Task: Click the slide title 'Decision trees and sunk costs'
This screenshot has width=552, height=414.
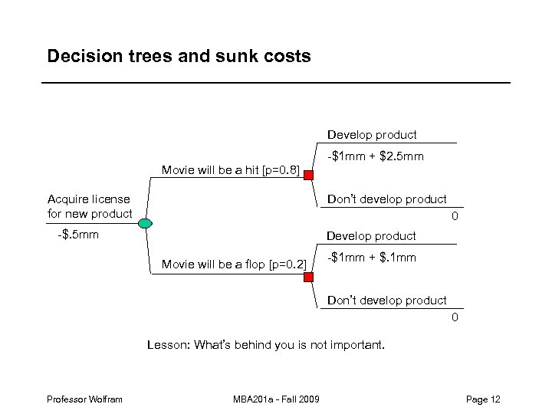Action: [x=179, y=57]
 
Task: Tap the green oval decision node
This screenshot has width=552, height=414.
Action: [x=146, y=223]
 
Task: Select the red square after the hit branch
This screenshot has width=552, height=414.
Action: [x=307, y=176]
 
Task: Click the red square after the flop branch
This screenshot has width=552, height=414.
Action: [x=307, y=277]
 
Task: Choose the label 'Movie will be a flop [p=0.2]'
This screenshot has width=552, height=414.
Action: [x=234, y=265]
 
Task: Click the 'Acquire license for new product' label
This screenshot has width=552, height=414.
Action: [x=90, y=206]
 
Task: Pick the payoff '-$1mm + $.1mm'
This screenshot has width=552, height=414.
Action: [x=372, y=258]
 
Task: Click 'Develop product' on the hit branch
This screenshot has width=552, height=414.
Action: [x=372, y=135]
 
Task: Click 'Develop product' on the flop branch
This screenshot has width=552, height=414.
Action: [x=372, y=236]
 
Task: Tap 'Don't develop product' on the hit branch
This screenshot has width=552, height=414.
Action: [x=386, y=199]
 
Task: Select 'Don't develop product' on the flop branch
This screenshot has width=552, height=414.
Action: [x=386, y=301]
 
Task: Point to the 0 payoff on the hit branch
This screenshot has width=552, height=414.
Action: [x=455, y=217]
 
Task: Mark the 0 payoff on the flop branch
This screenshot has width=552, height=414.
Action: [x=455, y=317]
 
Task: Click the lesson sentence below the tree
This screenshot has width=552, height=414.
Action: [x=265, y=345]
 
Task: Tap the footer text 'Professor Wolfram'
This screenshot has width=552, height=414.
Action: [x=84, y=399]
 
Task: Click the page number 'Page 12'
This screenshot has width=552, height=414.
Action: [x=483, y=399]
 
